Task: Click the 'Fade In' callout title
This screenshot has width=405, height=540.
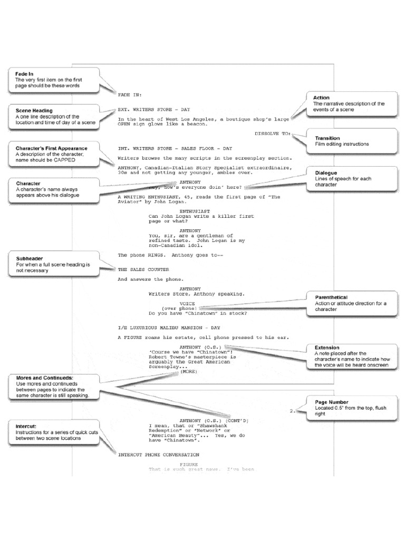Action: (x=23, y=74)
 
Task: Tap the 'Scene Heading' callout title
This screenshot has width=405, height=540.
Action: (x=30, y=111)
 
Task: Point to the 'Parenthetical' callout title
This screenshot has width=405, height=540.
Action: (x=331, y=297)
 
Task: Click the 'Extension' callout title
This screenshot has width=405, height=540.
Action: (x=327, y=348)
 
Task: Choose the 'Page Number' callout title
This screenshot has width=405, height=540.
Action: (x=331, y=402)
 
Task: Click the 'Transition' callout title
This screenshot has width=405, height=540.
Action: (x=327, y=138)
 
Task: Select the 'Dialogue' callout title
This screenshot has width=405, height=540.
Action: (x=326, y=172)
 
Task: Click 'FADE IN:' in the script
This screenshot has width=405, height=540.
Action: (x=130, y=94)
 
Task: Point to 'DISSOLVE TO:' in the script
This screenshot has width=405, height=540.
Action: (x=272, y=134)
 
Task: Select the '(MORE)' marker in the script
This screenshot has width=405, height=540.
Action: (x=188, y=371)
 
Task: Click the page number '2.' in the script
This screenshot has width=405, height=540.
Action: (x=293, y=410)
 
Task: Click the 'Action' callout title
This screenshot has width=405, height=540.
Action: (x=321, y=98)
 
